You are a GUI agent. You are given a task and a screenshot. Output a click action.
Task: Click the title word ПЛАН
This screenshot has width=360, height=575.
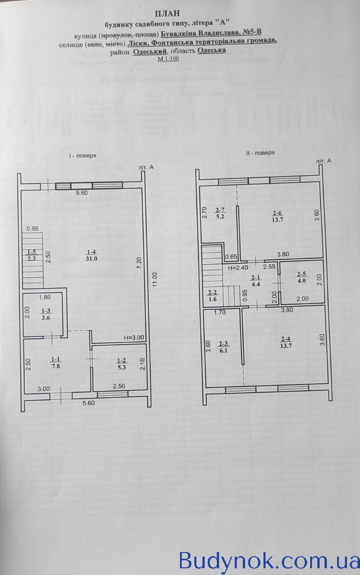(x=167, y=13)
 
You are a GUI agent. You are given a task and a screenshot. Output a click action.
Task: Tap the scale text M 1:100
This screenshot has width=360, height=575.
(x=168, y=59)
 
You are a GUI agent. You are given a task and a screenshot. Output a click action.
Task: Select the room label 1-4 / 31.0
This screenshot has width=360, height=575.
(x=91, y=256)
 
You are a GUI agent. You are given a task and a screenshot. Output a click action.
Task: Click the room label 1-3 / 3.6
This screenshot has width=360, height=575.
(x=46, y=314)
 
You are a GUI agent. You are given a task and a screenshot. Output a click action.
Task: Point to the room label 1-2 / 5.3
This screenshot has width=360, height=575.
(x=122, y=364)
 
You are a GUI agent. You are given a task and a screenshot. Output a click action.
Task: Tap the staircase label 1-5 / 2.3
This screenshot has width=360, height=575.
(x=31, y=256)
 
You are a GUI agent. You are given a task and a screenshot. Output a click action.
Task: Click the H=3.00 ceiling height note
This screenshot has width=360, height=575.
(x=134, y=337)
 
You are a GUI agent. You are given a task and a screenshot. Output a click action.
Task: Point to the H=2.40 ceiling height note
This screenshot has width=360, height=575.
(x=238, y=267)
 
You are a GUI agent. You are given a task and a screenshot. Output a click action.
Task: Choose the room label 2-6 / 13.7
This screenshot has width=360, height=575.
(x=277, y=217)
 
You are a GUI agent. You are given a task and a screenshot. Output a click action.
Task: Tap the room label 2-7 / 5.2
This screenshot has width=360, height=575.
(x=220, y=213)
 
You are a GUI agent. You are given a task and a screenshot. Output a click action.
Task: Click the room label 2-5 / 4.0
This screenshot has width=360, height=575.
(x=301, y=278)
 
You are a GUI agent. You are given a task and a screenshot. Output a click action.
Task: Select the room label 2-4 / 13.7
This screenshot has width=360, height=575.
(x=286, y=342)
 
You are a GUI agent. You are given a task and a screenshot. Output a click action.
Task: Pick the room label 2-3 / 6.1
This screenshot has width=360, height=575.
(x=224, y=347)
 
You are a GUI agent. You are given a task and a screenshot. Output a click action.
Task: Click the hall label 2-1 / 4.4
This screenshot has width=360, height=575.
(x=256, y=281)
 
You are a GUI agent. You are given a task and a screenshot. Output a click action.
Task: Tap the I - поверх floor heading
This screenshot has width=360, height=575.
(x=82, y=156)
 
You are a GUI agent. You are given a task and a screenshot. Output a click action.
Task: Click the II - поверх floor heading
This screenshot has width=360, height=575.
(x=260, y=153)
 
